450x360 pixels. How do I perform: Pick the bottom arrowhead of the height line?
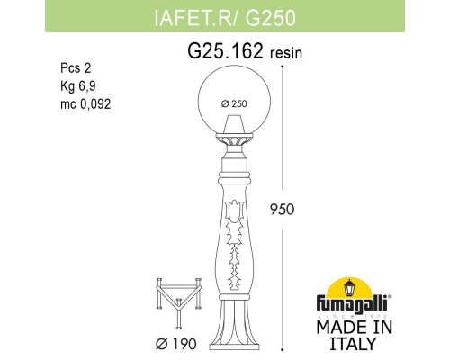(x=284, y=346)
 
